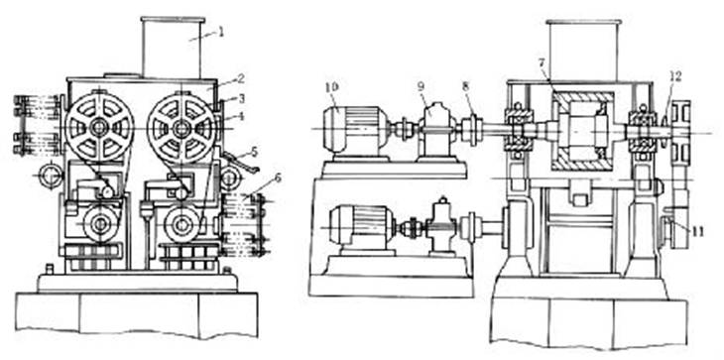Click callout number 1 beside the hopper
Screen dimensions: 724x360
(x=221, y=34)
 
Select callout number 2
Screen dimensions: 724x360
(x=240, y=79)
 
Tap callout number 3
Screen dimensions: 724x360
(x=241, y=98)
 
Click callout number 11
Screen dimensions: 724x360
(x=696, y=231)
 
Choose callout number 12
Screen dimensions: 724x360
(x=675, y=75)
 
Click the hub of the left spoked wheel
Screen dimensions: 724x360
(x=99, y=128)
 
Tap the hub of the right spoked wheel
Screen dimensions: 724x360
(x=181, y=128)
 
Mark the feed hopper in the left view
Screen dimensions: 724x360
(x=173, y=48)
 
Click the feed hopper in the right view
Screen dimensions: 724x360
(x=582, y=51)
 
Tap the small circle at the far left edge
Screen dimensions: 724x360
(x=50, y=176)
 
